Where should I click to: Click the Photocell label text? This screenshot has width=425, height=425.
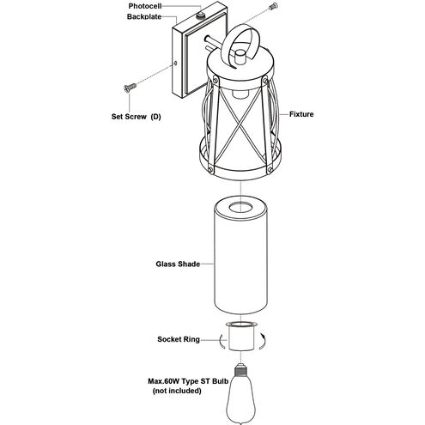145,6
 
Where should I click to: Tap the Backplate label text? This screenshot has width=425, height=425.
144,16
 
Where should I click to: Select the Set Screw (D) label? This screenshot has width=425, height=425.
136,117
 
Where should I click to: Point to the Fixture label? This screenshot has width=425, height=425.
301,114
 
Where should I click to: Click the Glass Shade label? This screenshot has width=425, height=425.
178,264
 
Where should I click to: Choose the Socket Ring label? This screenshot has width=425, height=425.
179,339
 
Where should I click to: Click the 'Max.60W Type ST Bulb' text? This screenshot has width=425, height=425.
188,381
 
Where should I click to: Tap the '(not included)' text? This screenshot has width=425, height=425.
177,391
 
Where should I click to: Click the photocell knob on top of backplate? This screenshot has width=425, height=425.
200,15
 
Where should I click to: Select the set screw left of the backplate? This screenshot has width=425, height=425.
130,88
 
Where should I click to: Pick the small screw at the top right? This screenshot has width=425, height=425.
273,6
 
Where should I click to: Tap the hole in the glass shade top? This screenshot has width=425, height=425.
241,207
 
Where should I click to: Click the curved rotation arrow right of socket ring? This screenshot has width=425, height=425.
264,341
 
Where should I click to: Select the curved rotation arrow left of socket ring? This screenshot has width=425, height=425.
221,342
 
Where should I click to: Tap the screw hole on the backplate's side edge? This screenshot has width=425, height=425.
175,63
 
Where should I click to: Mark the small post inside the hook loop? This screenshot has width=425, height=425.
240,58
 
